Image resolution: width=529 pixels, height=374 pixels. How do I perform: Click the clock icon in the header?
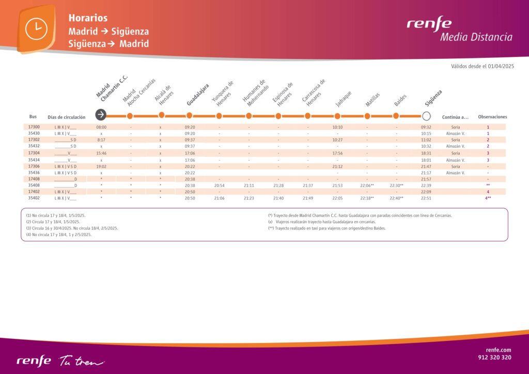tap(36, 28)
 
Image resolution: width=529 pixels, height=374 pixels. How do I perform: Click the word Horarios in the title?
tap(88, 18)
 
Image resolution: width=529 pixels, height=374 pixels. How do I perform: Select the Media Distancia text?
tap(476, 37)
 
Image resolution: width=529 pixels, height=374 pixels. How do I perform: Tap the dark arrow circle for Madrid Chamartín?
tap(101, 115)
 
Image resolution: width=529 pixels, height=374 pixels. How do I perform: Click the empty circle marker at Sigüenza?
tap(426, 115)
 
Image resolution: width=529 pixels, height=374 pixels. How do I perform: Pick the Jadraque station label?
tap(343, 99)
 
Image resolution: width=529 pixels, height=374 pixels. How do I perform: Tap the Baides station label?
tap(400, 100)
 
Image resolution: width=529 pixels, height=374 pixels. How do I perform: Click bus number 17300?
tap(34, 127)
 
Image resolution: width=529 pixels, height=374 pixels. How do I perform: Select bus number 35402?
tap(34, 198)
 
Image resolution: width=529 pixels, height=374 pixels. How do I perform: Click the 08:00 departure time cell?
tap(101, 127)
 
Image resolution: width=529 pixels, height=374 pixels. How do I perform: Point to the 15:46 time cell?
tap(101, 153)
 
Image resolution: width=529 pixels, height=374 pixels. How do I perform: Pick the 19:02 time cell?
tap(101, 166)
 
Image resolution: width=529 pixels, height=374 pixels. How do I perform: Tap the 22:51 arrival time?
tap(426, 198)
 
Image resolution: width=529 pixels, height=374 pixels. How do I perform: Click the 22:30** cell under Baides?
tap(396, 185)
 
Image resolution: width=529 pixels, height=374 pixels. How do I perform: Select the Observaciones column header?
tap(492, 117)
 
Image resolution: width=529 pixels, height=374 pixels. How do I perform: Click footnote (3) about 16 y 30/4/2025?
tap(72, 228)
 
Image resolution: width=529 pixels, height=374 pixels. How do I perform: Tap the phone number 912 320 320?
tap(494, 357)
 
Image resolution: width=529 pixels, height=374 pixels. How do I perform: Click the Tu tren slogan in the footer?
tap(81, 360)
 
